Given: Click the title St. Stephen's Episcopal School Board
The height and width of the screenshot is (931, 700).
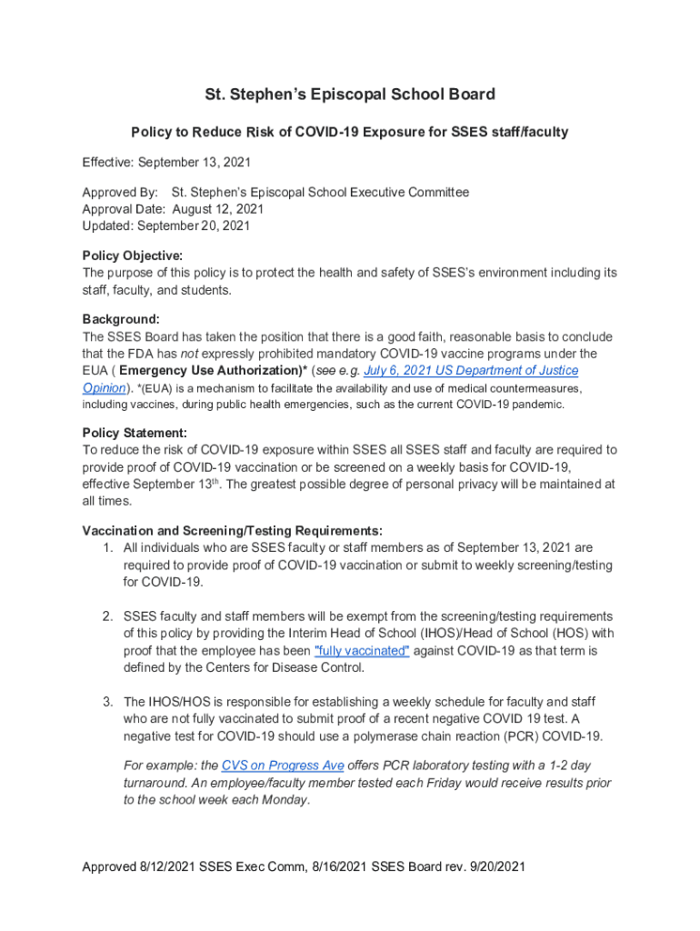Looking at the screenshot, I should click(349, 95).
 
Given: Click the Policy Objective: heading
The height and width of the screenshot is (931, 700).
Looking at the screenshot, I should click(133, 255).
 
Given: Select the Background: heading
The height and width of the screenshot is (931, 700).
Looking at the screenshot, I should click(121, 319).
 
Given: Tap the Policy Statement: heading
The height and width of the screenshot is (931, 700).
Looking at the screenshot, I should click(135, 433).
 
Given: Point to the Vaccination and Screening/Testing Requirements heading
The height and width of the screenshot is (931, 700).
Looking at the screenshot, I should click(232, 531).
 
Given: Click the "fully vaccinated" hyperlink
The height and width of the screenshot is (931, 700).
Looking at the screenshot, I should click(362, 651).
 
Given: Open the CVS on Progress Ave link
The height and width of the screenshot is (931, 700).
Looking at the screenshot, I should click(283, 766).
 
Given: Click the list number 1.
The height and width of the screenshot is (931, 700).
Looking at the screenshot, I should click(107, 548).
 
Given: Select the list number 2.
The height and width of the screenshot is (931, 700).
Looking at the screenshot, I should click(107, 616).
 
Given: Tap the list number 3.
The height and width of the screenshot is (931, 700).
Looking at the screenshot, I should click(107, 702).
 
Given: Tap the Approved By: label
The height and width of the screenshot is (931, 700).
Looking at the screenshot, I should click(120, 193).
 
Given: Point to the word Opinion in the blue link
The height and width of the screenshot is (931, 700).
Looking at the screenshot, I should click(104, 388).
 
